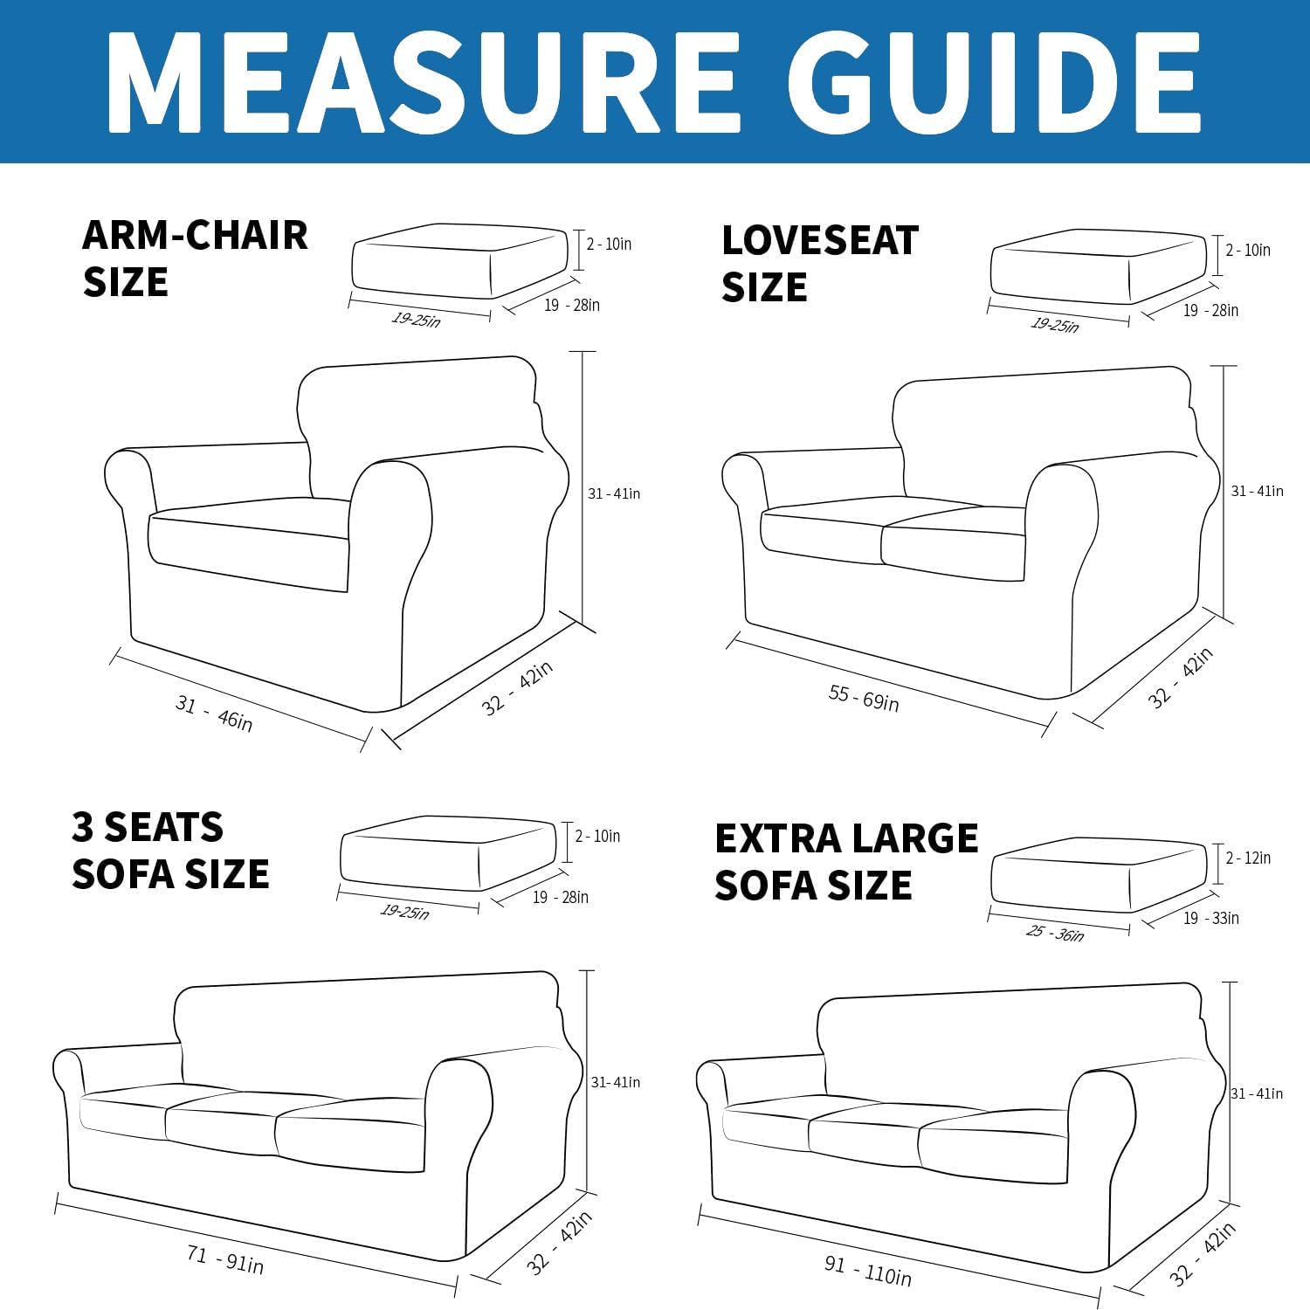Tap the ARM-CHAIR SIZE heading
click(x=194, y=259)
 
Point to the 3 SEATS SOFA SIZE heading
click(x=170, y=851)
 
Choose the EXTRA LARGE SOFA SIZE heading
click(x=845, y=861)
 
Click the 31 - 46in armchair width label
click(x=214, y=713)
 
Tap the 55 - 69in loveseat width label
click(x=863, y=698)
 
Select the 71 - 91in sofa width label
click(x=224, y=1259)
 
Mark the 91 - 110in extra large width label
click(x=867, y=1271)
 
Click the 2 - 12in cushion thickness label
click(x=1248, y=858)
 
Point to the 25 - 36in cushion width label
click(x=1055, y=933)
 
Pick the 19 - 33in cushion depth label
click(x=1210, y=918)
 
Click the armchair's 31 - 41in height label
click(x=613, y=493)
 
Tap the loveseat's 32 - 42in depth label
click(x=1180, y=678)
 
